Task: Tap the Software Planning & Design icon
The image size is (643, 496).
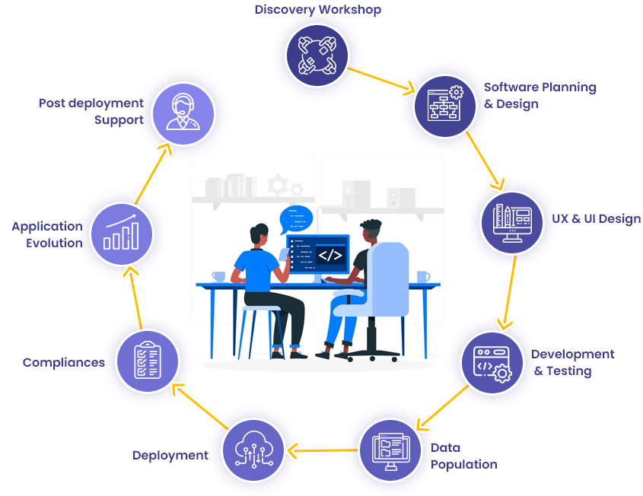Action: (x=444, y=105)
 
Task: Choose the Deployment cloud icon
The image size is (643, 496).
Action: (x=253, y=450)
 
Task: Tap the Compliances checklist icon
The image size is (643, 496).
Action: (x=147, y=361)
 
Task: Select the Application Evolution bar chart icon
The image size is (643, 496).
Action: (x=121, y=232)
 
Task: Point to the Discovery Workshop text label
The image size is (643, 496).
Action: (x=317, y=10)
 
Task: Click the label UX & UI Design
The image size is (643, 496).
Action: (x=596, y=219)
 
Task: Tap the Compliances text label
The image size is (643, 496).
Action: (x=64, y=362)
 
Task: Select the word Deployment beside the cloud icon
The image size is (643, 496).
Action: (x=170, y=455)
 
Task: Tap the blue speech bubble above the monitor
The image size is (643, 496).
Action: (x=297, y=219)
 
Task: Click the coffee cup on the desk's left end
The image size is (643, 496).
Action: (x=218, y=276)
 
